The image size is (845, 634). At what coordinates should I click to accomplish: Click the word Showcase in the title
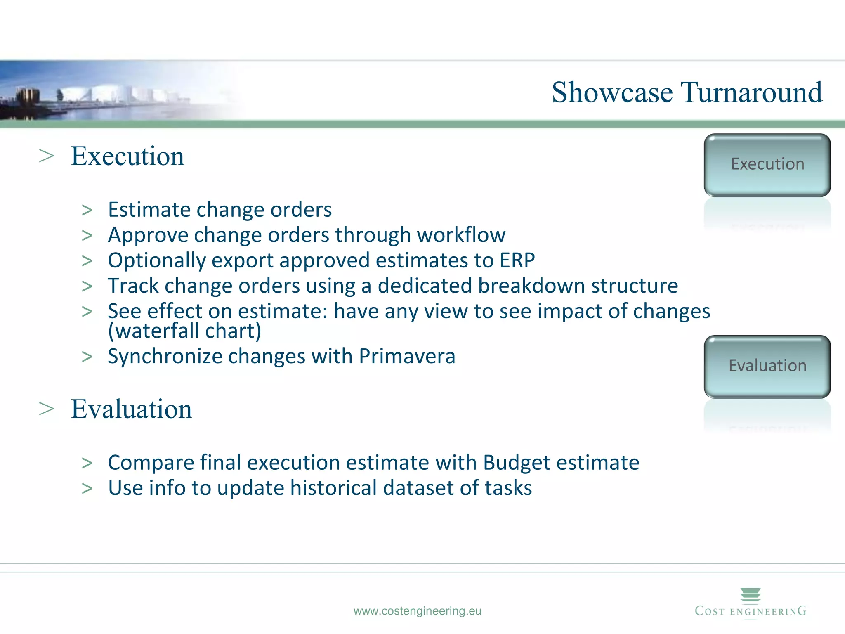click(x=612, y=92)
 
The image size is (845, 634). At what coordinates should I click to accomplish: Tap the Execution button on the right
click(x=767, y=165)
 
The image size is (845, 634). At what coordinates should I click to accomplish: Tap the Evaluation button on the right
click(x=767, y=366)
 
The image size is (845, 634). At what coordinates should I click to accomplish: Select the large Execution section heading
click(x=127, y=156)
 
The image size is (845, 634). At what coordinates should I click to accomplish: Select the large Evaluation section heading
click(x=131, y=409)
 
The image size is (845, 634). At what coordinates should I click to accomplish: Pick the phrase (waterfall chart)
click(x=184, y=331)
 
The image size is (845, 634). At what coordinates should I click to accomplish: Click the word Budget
click(x=517, y=462)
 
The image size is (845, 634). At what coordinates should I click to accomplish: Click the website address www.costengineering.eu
click(x=417, y=611)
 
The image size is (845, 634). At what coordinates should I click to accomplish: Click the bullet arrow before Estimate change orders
click(x=87, y=211)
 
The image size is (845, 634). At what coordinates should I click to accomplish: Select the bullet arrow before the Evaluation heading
click(x=47, y=409)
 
